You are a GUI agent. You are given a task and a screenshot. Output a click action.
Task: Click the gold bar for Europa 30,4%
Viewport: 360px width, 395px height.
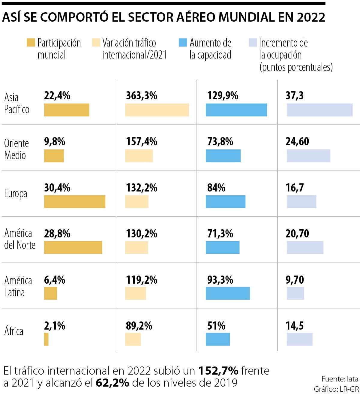coord(75,201)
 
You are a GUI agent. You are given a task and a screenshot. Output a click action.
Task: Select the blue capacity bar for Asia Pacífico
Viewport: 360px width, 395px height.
coord(236,110)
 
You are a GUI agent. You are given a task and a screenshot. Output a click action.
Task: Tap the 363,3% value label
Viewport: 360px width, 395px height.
coord(141,96)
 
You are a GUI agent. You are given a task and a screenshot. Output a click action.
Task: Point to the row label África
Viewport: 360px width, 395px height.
coord(14,331)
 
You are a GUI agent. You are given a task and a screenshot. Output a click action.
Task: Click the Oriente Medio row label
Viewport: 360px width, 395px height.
coord(16,149)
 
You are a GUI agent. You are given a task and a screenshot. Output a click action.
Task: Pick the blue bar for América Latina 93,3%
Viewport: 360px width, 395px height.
coord(228,293)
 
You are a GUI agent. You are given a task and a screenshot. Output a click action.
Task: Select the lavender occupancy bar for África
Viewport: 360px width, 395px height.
coord(299,339)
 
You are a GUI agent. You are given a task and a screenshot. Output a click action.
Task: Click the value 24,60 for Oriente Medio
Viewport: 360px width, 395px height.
coord(297,142)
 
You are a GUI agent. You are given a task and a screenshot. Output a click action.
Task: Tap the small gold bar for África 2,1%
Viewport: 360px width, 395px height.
coord(46,339)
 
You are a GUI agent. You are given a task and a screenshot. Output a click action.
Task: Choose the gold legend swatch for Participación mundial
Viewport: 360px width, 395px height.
coord(31,43)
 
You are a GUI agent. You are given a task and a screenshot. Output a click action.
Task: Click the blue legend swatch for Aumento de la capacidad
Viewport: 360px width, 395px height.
coord(183,43)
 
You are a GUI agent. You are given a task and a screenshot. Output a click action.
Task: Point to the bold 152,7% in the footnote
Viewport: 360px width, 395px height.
coord(218,371)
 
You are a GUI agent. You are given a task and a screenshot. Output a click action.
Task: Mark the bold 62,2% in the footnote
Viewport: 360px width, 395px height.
coord(112,383)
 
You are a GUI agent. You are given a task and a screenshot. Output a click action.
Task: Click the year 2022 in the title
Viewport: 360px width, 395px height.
coord(311,17)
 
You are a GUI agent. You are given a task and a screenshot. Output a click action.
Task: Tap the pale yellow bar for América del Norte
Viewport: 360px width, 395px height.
coord(136,247)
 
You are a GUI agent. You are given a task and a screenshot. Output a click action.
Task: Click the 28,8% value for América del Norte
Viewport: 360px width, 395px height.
coord(57,234)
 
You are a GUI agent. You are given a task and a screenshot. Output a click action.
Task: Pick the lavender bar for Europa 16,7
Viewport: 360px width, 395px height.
coord(301,201)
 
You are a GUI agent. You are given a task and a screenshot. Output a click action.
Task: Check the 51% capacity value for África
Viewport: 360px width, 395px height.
coord(216,326)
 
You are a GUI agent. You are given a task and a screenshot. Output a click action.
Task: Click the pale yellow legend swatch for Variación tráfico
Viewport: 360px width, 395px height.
coord(96,43)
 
